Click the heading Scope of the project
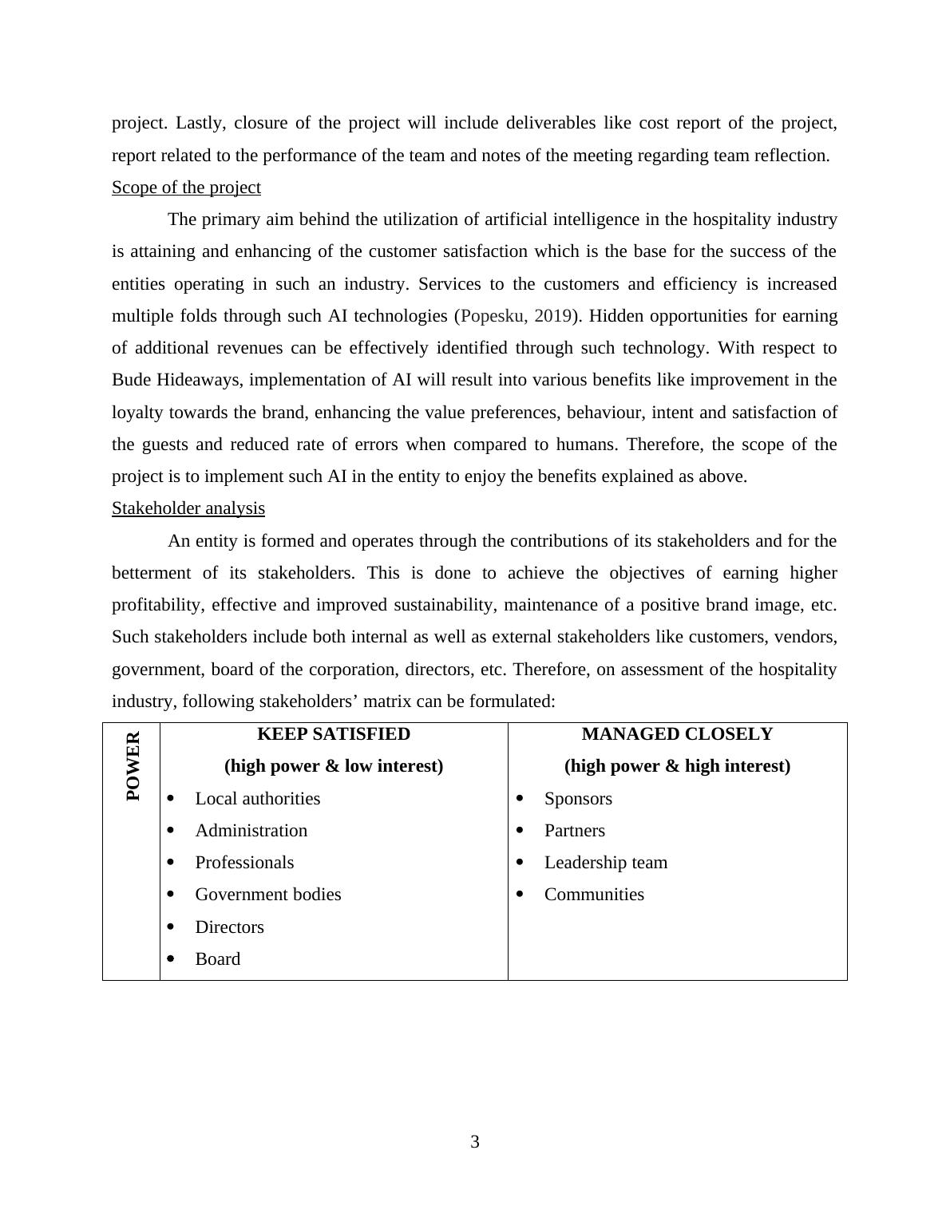pyautogui.click(x=186, y=188)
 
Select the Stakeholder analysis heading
pyautogui.click(x=188, y=508)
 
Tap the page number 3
pyautogui.click(x=475, y=1142)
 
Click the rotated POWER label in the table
pyautogui.click(x=133, y=766)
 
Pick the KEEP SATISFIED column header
pyautogui.click(x=334, y=734)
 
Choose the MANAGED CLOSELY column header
pyautogui.click(x=677, y=734)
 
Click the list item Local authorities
pyautogui.click(x=257, y=799)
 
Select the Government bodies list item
pyautogui.click(x=267, y=895)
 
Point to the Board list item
pyautogui.click(x=217, y=959)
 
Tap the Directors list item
pyautogui.click(x=229, y=927)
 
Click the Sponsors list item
pyautogui.click(x=578, y=799)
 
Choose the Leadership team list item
pyautogui.click(x=605, y=863)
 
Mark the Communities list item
pyautogui.click(x=594, y=895)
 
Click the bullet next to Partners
pyautogui.click(x=520, y=831)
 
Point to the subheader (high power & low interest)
pyautogui.click(x=334, y=766)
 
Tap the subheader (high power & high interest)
pyautogui.click(x=677, y=766)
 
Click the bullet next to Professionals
pyautogui.click(x=171, y=863)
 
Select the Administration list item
pyautogui.click(x=251, y=831)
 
